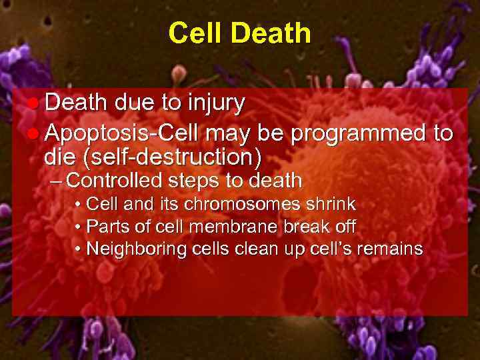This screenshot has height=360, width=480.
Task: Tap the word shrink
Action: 330,204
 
